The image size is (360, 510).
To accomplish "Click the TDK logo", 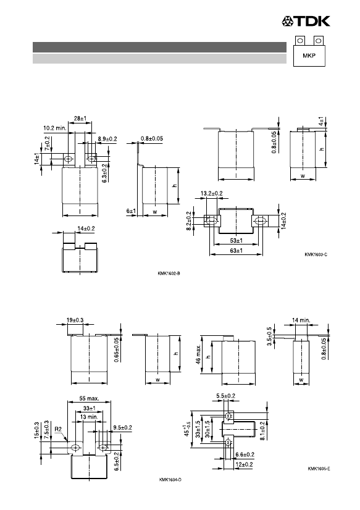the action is click(306, 21).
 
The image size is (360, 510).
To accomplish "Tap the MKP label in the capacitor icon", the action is click(309, 56).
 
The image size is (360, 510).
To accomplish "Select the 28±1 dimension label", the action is click(80, 119).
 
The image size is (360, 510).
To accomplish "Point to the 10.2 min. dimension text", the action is click(55, 128).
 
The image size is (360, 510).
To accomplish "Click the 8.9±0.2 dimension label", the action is click(107, 139).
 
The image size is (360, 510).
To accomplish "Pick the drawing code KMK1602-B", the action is click(169, 274).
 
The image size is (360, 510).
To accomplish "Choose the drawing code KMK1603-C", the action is click(316, 254).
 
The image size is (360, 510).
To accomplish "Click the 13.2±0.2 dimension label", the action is click(211, 193).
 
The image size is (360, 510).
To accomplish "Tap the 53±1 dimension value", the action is click(236, 241).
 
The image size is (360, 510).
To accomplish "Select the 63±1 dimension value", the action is click(236, 251).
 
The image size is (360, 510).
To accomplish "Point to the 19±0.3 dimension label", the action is click(75, 320).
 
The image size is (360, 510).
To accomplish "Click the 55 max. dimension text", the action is click(89, 398).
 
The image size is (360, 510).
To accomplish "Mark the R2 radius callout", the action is click(58, 429).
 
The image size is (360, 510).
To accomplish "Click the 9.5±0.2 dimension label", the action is click(123, 428).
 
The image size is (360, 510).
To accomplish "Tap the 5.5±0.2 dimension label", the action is click(225, 396).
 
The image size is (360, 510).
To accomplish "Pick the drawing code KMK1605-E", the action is click(319, 469).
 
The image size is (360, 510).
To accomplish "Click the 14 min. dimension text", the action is click(301, 320).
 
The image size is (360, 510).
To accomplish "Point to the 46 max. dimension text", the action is click(199, 354).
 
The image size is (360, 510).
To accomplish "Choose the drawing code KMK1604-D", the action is click(170, 480).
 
